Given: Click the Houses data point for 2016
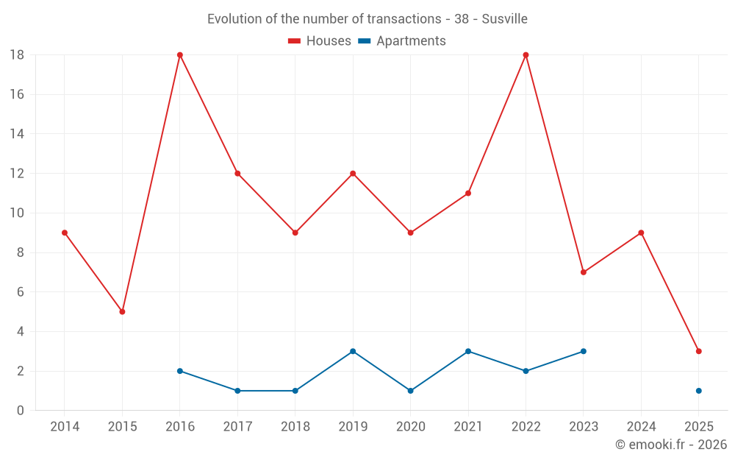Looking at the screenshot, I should pyautogui.click(x=180, y=55).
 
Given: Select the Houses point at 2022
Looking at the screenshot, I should pyautogui.click(x=526, y=55).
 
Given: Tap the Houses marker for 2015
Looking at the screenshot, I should pyautogui.click(x=122, y=311).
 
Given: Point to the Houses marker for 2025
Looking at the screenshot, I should pyautogui.click(x=699, y=351).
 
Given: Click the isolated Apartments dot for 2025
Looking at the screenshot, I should pyautogui.click(x=699, y=391).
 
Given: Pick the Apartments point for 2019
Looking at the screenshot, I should pyautogui.click(x=353, y=351).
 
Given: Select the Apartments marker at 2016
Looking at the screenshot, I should pyautogui.click(x=180, y=371).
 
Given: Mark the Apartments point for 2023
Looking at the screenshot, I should pyautogui.click(x=584, y=351).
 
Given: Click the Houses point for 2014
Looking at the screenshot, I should pyautogui.click(x=65, y=233).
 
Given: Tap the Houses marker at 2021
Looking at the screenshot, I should pyautogui.click(x=468, y=193).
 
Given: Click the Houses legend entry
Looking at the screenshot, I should pyautogui.click(x=320, y=41).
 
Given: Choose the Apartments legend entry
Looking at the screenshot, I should pyautogui.click(x=402, y=41).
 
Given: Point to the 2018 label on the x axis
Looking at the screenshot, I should pyautogui.click(x=295, y=427).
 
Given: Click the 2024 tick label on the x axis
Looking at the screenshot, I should pyautogui.click(x=641, y=427).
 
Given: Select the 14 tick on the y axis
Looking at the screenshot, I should pyautogui.click(x=17, y=134).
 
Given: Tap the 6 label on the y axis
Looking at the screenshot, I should pyautogui.click(x=21, y=292).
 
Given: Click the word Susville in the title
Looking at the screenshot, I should pyautogui.click(x=505, y=18).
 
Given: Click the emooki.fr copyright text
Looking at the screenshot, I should pyautogui.click(x=671, y=445).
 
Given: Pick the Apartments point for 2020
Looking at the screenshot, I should pyautogui.click(x=411, y=391).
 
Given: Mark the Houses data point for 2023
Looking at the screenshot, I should pyautogui.click(x=584, y=272).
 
